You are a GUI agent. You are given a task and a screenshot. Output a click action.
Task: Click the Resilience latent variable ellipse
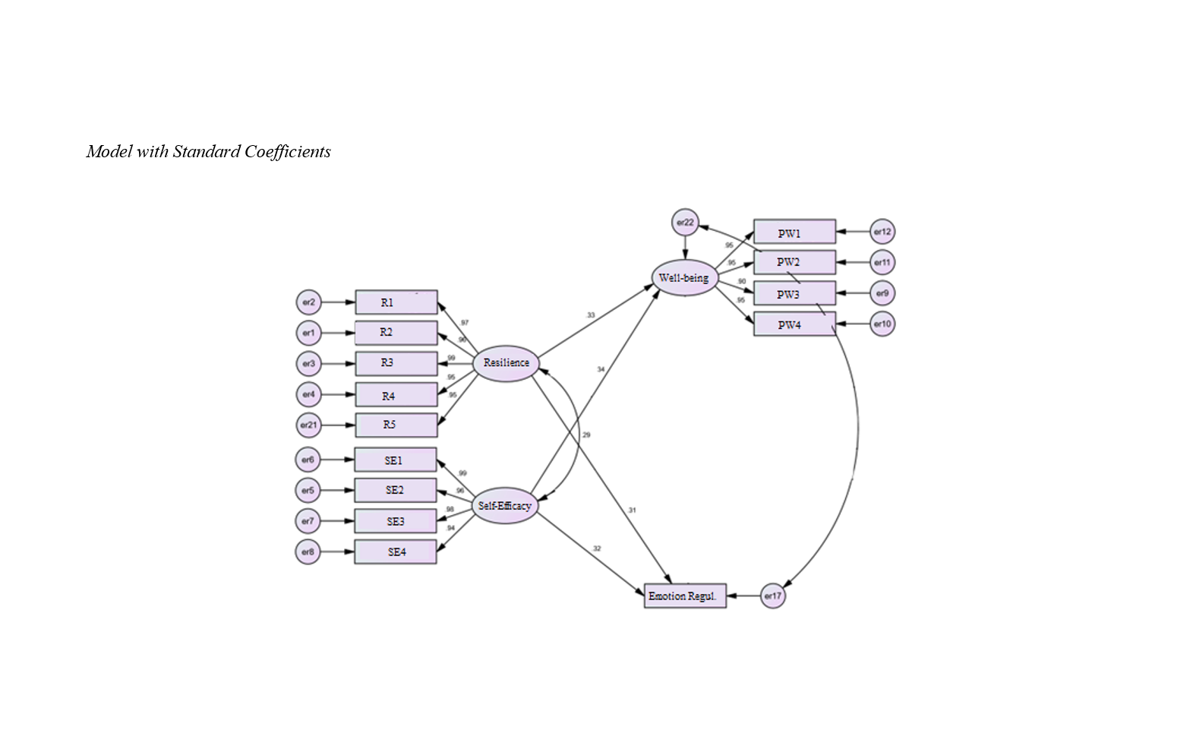pos(506,363)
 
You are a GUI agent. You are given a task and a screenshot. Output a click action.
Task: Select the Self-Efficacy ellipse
pos(505,506)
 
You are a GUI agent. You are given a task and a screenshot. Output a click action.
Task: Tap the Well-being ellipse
pos(684,278)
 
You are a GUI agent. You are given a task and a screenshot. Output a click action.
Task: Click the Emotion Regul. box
pos(684,596)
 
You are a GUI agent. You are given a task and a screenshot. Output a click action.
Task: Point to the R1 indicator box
pos(396,302)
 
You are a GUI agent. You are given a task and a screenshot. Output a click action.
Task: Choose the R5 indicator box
pos(396,425)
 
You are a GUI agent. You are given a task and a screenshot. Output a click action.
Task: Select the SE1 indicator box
pos(395,460)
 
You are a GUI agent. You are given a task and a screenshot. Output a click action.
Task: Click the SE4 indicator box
pos(395,552)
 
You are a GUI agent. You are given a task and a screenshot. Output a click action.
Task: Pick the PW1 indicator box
pos(794,232)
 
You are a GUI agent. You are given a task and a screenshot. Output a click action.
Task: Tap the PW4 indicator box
pos(794,324)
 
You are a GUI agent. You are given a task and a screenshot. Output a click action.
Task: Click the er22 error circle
pos(685,223)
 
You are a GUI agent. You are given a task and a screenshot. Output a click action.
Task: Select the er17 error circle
pos(772,596)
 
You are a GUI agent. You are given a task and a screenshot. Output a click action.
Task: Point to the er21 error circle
pos(308,425)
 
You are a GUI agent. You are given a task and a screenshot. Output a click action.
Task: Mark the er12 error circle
pos(882,232)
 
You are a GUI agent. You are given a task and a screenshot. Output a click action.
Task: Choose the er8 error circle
pos(308,552)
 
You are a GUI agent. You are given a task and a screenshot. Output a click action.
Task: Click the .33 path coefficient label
pos(590,315)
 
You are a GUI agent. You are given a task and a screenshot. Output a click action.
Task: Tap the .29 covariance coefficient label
pos(586,435)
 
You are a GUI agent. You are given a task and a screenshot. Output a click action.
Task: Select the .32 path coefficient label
pos(596,548)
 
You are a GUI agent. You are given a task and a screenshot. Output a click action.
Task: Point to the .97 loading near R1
pos(464,323)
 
